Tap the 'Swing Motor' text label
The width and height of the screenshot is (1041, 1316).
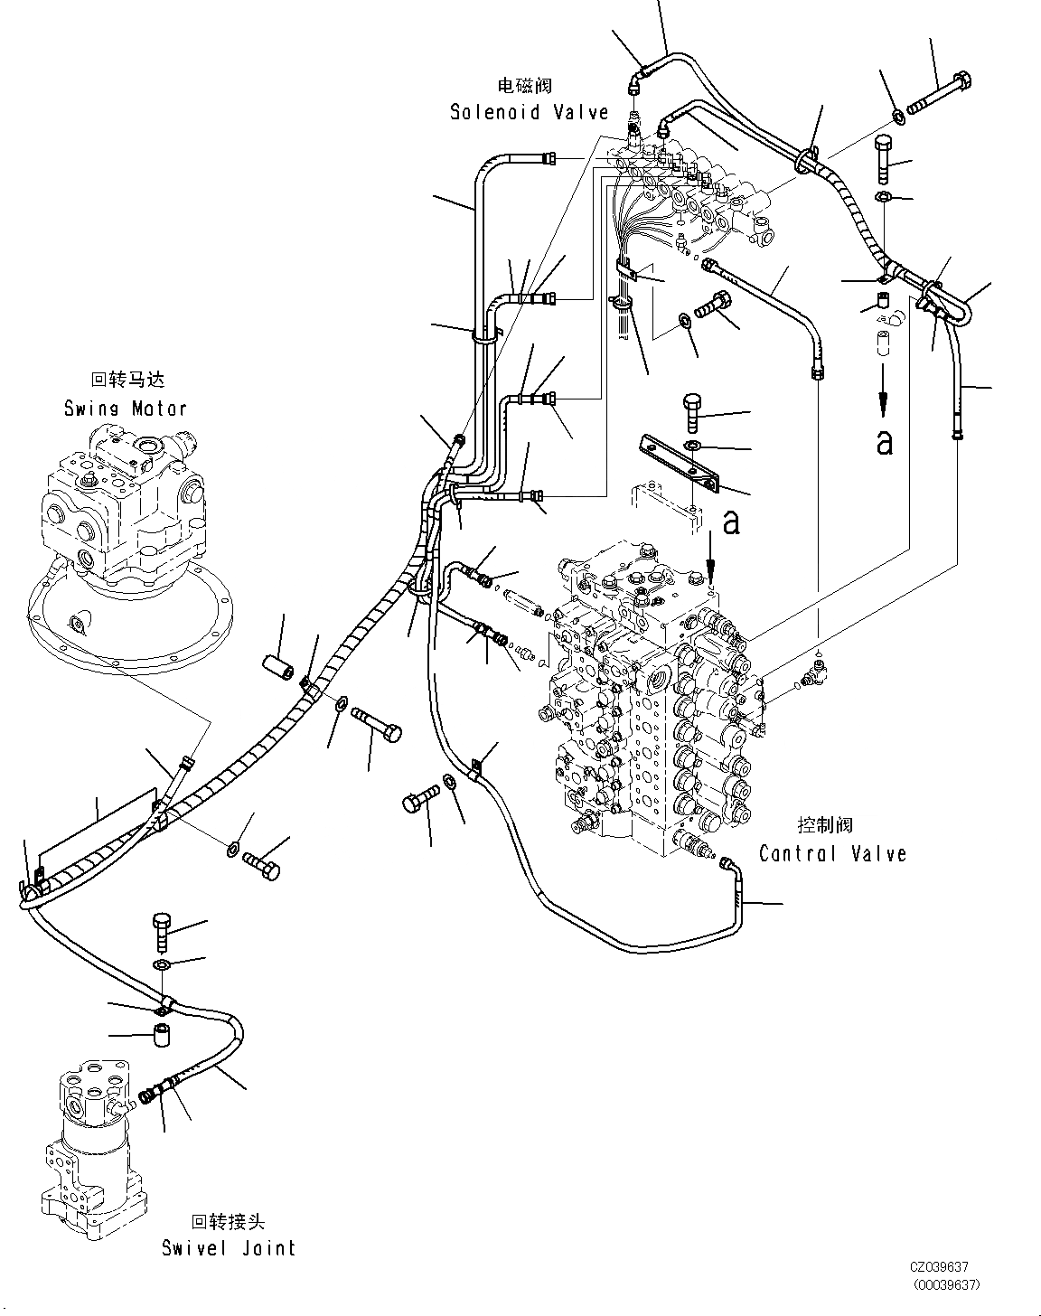pyautogui.click(x=125, y=408)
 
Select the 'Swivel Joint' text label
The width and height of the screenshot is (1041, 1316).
pyautogui.click(x=229, y=1248)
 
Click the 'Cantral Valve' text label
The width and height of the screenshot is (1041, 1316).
pyautogui.click(x=832, y=853)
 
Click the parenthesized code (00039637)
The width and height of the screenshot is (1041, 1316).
pyautogui.click(x=945, y=1284)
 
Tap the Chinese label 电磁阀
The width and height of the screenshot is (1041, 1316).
pyautogui.click(x=524, y=86)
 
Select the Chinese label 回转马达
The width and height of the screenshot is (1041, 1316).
pyautogui.click(x=127, y=381)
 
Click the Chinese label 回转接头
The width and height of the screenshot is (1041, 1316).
pyautogui.click(x=228, y=1222)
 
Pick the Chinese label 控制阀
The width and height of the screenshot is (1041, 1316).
pyautogui.click(x=824, y=825)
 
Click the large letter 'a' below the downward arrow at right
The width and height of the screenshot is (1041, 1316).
pyautogui.click(x=885, y=442)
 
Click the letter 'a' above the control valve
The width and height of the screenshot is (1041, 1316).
pyautogui.click(x=732, y=522)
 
